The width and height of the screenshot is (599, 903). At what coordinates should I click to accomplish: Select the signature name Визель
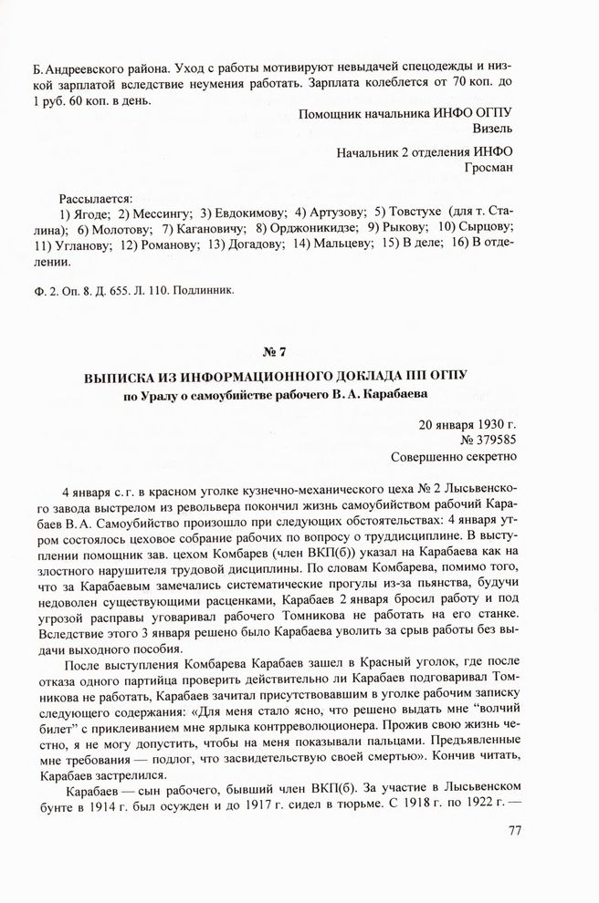click(x=493, y=129)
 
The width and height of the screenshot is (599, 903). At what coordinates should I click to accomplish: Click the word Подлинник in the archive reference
click(x=207, y=291)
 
